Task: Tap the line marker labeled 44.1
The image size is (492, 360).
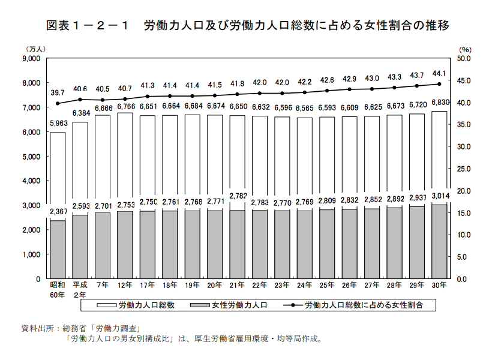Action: (439, 84)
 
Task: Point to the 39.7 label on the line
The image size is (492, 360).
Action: (58, 93)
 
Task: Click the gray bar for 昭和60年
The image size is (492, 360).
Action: (58, 249)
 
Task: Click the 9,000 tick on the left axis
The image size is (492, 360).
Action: (30, 59)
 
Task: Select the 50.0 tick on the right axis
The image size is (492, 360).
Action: (464, 59)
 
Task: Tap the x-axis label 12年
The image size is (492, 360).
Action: (125, 285)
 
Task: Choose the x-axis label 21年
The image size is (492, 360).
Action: (237, 285)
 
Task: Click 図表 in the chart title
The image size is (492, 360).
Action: (58, 26)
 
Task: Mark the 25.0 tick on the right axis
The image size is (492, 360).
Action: (464, 169)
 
